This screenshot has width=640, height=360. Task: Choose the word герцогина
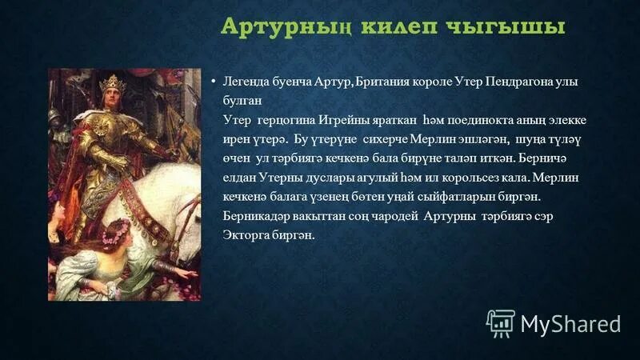coord(290,120)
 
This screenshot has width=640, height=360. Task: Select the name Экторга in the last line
coord(250,235)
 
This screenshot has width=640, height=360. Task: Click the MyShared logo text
coord(570,324)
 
